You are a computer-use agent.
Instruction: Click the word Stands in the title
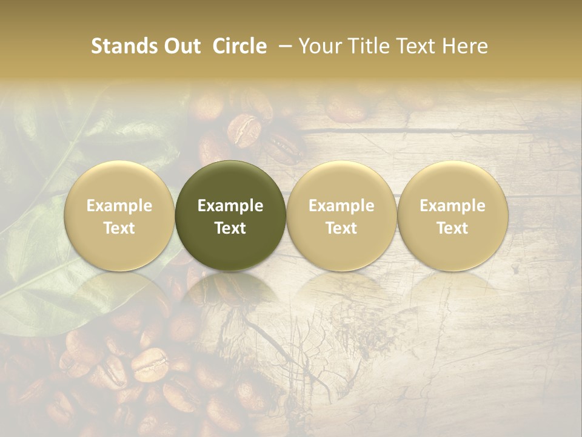(123, 46)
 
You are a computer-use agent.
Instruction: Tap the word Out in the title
(180, 46)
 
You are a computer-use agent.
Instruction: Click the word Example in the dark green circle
(230, 206)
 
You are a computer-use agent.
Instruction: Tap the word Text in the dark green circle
(230, 228)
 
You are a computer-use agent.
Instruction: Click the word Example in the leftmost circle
(119, 206)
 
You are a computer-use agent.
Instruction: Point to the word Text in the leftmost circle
(119, 228)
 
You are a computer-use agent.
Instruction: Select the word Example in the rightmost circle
(452, 206)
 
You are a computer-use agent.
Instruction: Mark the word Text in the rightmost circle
(452, 228)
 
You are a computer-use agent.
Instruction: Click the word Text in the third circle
(341, 228)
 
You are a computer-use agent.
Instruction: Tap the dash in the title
(283, 46)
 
